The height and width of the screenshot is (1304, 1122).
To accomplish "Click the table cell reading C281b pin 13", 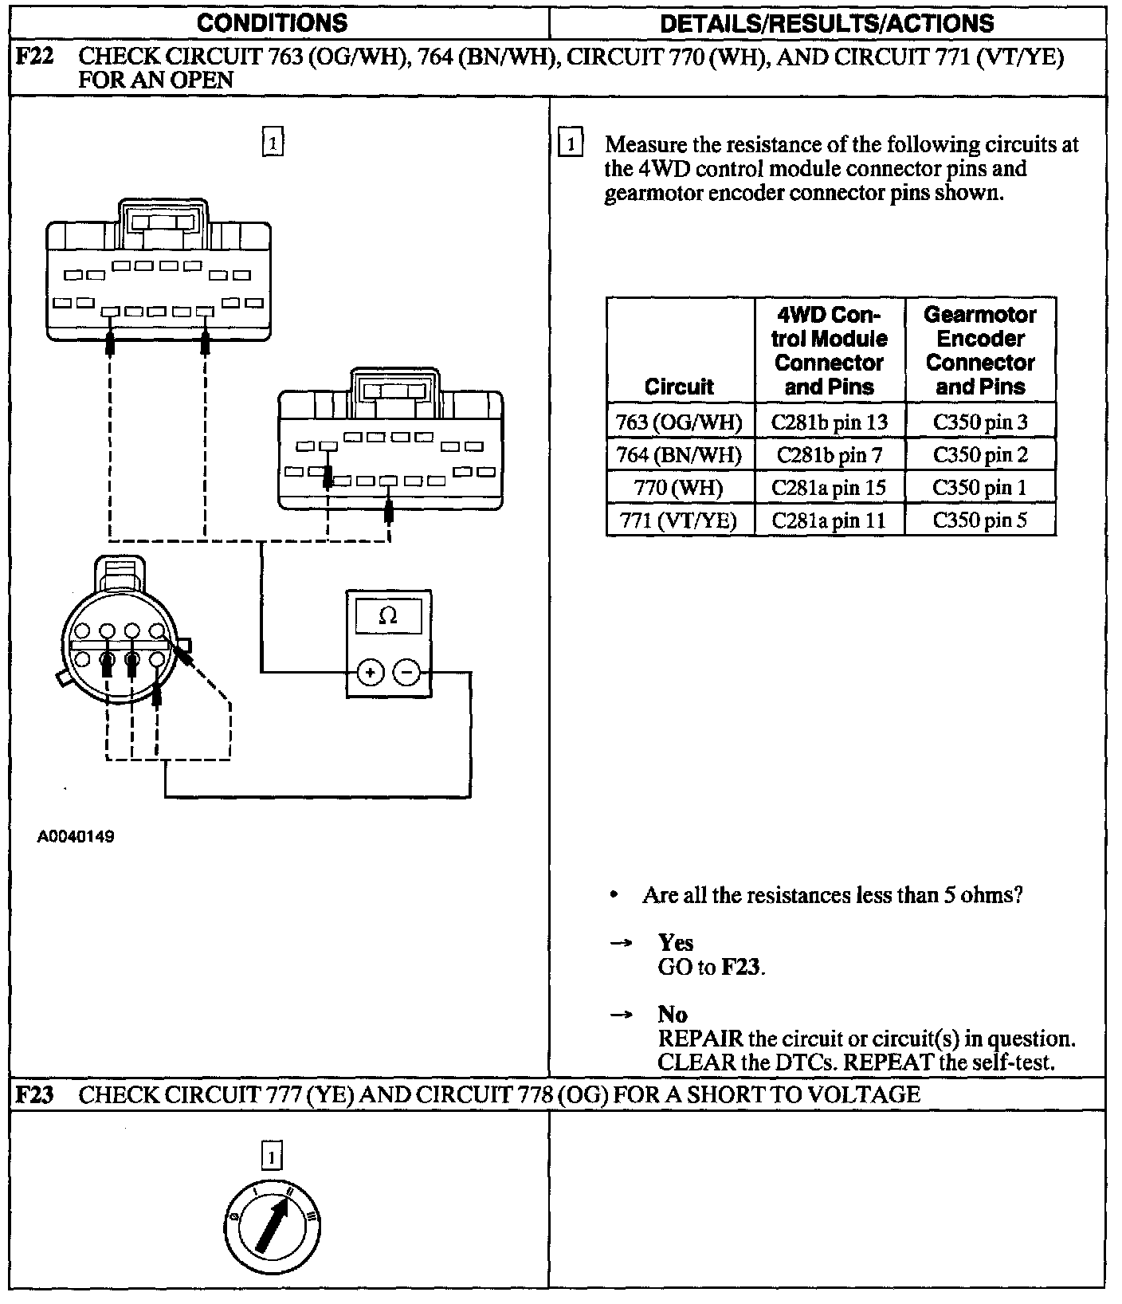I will click(829, 422).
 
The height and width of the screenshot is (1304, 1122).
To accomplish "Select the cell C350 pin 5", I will click(979, 520).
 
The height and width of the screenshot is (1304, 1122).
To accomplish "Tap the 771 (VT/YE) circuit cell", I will click(679, 520).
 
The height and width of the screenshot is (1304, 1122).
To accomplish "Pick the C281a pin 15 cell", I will click(829, 488).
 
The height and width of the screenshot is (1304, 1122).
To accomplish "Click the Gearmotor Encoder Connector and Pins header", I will click(980, 351).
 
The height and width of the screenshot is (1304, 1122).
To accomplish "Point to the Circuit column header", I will click(679, 387).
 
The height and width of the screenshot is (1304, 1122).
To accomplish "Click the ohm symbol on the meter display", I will click(389, 616).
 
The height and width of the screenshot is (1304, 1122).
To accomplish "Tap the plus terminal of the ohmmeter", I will click(370, 673).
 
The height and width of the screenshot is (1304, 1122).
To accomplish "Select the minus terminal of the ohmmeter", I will click(407, 673).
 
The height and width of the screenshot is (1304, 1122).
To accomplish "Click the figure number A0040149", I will click(76, 838).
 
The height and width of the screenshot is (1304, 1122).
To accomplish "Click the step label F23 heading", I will click(34, 1094).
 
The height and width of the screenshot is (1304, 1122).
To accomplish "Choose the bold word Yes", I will click(675, 943).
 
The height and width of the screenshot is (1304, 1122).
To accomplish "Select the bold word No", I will click(673, 1015).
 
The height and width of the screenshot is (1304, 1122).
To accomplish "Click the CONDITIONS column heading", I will click(272, 23).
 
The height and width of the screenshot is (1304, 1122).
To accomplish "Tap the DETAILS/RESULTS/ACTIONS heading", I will click(827, 23).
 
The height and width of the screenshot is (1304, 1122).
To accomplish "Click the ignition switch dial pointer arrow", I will click(273, 1225).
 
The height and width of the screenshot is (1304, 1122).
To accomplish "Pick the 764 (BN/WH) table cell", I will click(679, 455).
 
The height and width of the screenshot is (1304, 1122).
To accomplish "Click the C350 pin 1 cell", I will click(979, 488).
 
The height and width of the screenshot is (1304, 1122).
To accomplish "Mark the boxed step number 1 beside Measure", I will click(571, 145).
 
